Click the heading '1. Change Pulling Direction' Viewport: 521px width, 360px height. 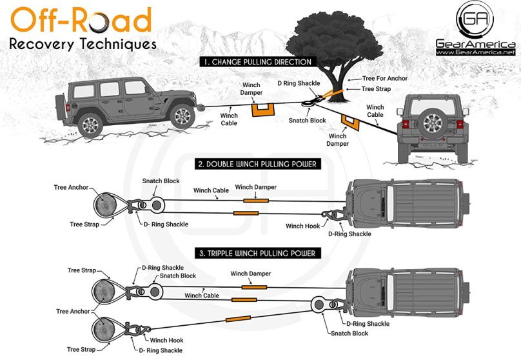point(257,62)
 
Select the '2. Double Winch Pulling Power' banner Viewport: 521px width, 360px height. point(258,164)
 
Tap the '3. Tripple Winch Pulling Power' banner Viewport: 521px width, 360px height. point(257,253)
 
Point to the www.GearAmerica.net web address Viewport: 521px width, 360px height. point(475,52)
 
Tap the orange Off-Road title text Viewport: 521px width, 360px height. point(81,20)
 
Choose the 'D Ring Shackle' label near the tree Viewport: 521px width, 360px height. point(298,83)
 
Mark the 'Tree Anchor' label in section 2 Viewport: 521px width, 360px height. point(71,188)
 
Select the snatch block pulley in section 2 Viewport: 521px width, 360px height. point(157,205)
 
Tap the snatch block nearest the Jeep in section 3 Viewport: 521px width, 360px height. point(318,304)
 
